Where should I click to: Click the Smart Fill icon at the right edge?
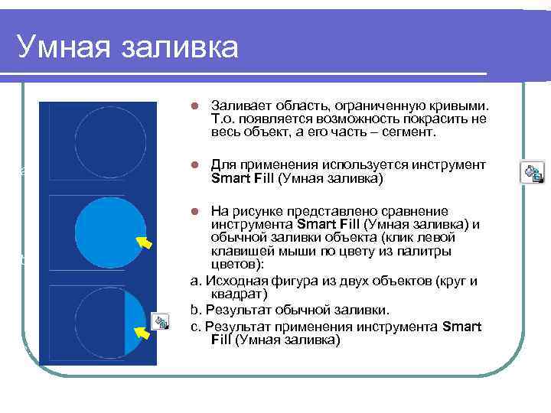click(x=533, y=172)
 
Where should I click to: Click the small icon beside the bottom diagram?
click(x=160, y=321)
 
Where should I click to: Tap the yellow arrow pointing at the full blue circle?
click(x=144, y=242)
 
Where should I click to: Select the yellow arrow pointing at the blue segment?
click(x=142, y=333)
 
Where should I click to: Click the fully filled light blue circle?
click(x=107, y=229)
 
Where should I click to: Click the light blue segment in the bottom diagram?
click(x=132, y=321)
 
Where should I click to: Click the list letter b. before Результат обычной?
click(x=195, y=309)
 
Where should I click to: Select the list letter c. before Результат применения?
click(x=195, y=326)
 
